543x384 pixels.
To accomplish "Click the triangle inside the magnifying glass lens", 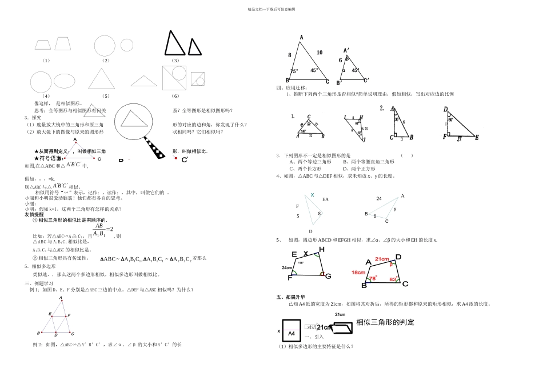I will [132, 118].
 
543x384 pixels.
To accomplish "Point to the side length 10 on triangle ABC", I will [319, 52].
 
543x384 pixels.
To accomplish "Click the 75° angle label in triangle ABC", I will [294, 71].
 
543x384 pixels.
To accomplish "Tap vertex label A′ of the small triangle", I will [346, 50].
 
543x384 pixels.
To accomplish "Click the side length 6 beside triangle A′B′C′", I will [340, 60].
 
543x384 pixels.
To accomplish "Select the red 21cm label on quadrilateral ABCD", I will [381, 260].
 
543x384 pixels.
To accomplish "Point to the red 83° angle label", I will [393, 279].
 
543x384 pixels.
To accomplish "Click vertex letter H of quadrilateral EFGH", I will [321, 249].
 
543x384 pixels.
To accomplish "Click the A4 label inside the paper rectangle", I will [291, 333].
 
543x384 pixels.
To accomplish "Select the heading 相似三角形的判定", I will [385, 323].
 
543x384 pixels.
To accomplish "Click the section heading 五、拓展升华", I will [290, 297].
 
